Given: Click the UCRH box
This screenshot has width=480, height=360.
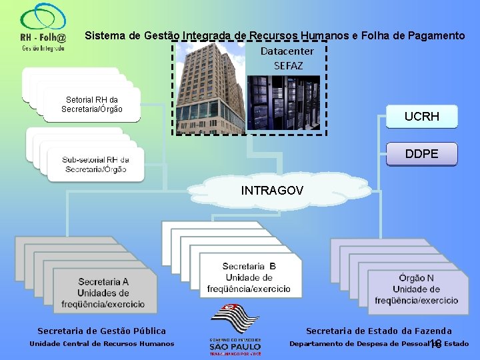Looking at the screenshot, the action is point(421,116).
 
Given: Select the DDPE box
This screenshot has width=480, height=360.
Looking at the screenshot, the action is point(421,154).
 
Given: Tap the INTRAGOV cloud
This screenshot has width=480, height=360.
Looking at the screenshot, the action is point(271,191).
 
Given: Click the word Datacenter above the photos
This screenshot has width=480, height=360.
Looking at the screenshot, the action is point(287,51).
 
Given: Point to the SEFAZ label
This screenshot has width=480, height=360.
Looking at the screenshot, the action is point(288,65).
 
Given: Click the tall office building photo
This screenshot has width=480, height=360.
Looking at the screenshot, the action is point(210,87).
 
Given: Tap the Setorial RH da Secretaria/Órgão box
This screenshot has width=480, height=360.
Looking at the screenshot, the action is point(91,105).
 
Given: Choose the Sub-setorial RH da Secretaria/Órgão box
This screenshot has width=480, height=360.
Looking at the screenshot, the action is point(95,164).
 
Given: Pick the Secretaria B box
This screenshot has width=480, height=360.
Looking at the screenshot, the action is point(248,277).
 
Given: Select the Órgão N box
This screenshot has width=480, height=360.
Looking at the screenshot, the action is point(415,288).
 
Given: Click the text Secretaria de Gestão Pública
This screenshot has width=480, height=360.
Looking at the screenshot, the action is point(102,331).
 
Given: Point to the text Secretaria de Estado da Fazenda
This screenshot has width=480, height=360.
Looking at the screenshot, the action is point(379,331).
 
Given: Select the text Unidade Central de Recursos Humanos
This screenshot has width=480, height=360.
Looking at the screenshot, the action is point(102,344).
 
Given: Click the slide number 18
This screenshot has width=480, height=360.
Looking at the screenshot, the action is point(435,344).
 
